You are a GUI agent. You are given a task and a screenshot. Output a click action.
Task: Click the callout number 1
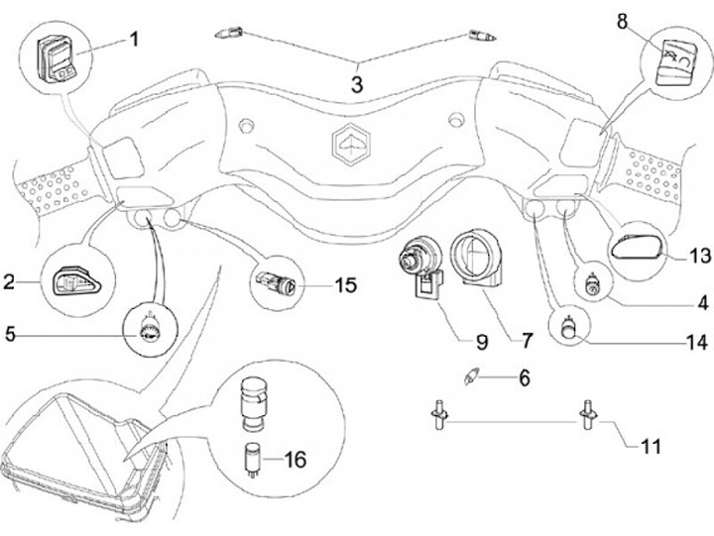tap(134, 40)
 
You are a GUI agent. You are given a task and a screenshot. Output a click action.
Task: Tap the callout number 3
tap(357, 84)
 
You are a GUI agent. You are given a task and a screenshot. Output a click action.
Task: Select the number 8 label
tap(622, 22)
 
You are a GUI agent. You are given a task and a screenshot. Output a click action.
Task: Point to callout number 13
tap(699, 256)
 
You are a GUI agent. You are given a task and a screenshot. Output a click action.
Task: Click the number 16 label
tap(296, 460)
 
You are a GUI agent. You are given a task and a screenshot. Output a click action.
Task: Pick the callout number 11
tap(651, 447)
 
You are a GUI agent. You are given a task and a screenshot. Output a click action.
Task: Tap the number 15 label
tap(346, 285)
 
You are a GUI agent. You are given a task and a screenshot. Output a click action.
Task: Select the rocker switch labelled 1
tap(57, 58)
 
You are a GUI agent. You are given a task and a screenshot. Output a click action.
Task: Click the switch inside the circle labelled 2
tap(76, 281)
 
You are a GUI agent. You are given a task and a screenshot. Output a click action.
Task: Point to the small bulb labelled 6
tap(469, 377)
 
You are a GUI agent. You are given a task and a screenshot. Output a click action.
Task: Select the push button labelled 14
tap(569, 328)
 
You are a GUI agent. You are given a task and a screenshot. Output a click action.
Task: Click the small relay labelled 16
tap(252, 458)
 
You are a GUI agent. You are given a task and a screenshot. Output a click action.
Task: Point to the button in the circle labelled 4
tap(594, 284)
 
